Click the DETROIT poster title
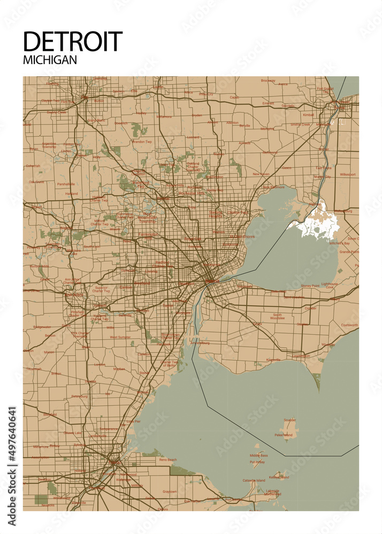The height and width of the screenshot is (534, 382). pyautogui.click(x=73, y=42)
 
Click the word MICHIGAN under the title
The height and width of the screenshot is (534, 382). pyautogui.click(x=50, y=60)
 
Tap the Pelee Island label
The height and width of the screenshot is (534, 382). pyautogui.click(x=284, y=435)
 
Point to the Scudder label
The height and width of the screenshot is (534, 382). pyautogui.click(x=289, y=420)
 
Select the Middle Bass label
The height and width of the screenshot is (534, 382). pyautogui.click(x=259, y=456)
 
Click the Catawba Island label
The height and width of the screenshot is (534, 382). pyautogui.click(x=253, y=481)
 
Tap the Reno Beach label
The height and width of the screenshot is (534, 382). pyautogui.click(x=167, y=459)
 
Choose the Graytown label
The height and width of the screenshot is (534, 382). pyautogui.click(x=170, y=491)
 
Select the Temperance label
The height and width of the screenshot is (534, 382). pyautogui.click(x=109, y=429)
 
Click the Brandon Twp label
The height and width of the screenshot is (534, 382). pyautogui.click(x=141, y=142)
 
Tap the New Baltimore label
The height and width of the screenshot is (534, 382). pyautogui.click(x=273, y=187)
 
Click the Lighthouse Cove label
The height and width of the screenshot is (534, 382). pyautogui.click(x=330, y=286)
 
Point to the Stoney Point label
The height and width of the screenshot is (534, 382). pyautogui.click(x=309, y=286)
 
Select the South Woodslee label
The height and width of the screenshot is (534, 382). pyautogui.click(x=277, y=317)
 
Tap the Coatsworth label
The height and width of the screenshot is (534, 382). pyautogui.click(x=349, y=325)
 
